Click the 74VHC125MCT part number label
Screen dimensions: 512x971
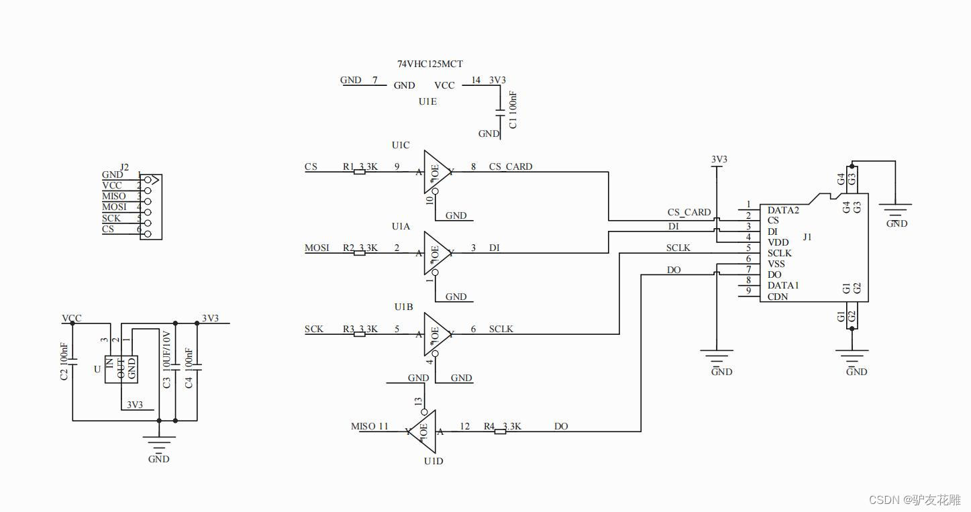coord(430,64)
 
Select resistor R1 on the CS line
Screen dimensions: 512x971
coord(360,172)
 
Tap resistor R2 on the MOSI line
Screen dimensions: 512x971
coord(360,253)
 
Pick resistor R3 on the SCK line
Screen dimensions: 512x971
coord(360,334)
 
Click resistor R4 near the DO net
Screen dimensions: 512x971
coord(500,431)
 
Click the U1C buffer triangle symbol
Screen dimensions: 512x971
coord(437,172)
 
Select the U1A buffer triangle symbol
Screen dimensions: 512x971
coord(437,253)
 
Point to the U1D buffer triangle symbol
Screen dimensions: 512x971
coord(422,431)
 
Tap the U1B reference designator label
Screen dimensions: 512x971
coord(403,307)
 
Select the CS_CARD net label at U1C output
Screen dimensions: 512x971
coord(511,166)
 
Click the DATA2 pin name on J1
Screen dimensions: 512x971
coord(783,210)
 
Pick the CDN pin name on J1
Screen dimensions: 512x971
coord(778,297)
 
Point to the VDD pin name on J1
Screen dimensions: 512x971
coord(778,242)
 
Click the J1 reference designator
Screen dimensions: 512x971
coord(807,237)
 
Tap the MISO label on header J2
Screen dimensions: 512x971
coord(113,196)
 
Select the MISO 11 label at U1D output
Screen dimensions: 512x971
coord(370,426)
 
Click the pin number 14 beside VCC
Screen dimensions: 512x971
coord(476,80)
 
